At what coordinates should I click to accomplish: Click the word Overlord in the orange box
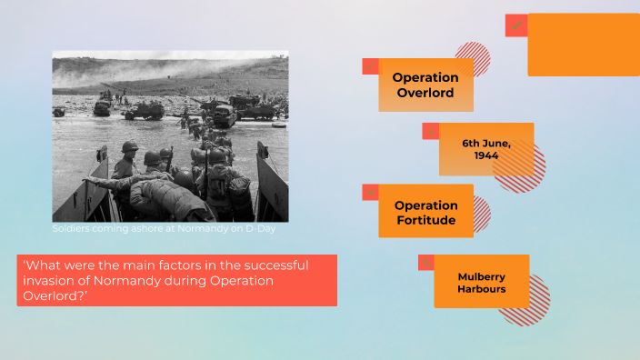425,93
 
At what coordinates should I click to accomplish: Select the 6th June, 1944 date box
486,149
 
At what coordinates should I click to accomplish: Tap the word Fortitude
425,220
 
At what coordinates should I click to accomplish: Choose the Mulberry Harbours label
482,283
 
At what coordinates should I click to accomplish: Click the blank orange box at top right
584,45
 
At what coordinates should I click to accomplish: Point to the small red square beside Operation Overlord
370,65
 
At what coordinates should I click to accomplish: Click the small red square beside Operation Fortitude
370,192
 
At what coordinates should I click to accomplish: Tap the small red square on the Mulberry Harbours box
425,263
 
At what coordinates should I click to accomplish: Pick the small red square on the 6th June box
430,131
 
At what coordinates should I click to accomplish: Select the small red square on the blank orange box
516,25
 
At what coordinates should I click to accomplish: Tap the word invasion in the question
48,281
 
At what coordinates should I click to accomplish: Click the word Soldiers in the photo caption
73,228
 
